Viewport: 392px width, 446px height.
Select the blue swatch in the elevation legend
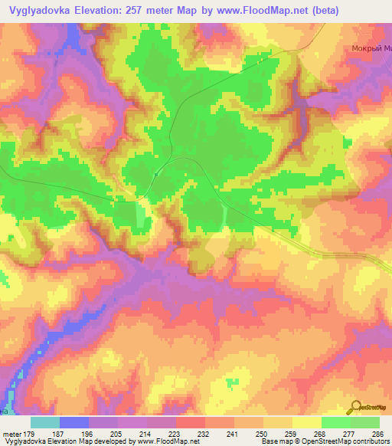[73, 422]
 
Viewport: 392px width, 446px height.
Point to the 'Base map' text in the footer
[273, 442]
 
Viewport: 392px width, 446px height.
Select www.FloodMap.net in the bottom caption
[163, 442]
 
